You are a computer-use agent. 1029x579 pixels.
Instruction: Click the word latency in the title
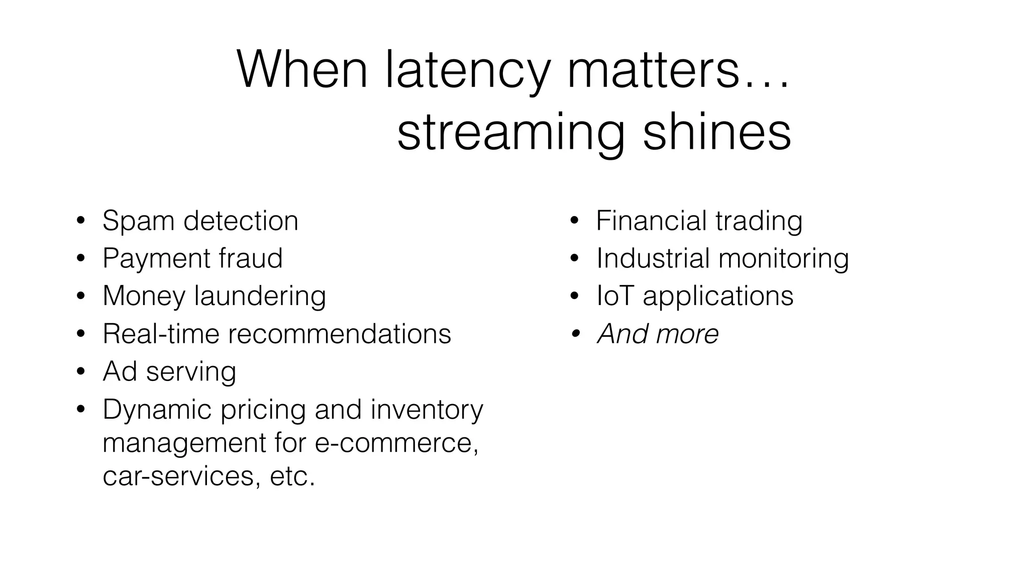point(467,70)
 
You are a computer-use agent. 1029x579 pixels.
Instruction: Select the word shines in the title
point(717,132)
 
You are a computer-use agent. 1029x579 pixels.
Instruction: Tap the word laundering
point(260,296)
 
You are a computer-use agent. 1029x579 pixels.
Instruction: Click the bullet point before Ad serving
point(81,372)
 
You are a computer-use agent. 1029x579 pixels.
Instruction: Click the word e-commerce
point(396,443)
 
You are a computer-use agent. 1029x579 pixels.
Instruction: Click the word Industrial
point(653,258)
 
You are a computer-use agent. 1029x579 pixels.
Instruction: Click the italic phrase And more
point(658,334)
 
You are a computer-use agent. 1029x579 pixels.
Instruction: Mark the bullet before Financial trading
point(575,221)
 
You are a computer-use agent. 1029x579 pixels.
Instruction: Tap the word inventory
point(427,410)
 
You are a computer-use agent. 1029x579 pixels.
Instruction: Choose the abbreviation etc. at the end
point(292,475)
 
